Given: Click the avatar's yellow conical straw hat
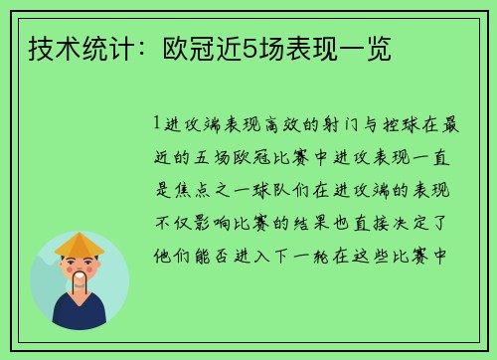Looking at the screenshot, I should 80,244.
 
